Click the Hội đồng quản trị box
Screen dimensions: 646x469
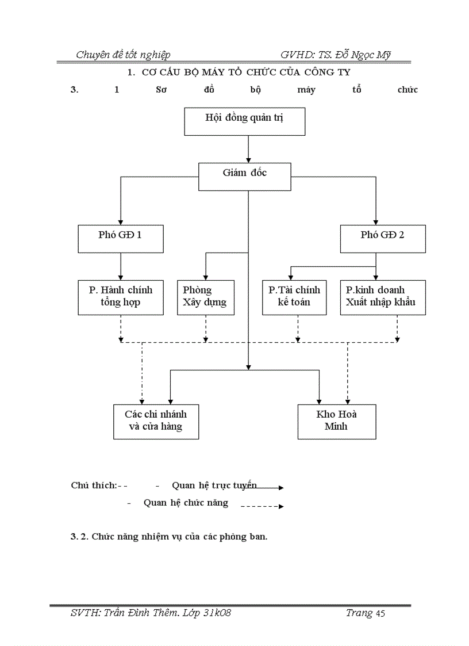click(x=244, y=121)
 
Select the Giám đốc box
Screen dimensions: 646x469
click(x=244, y=176)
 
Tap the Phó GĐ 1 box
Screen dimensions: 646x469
click(x=120, y=238)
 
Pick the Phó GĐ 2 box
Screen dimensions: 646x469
click(x=383, y=238)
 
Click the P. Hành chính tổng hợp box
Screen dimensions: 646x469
click(x=120, y=297)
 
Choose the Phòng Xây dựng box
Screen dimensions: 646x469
click(x=205, y=297)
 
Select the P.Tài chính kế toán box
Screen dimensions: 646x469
click(x=294, y=297)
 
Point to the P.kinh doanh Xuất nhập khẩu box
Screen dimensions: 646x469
click(x=383, y=297)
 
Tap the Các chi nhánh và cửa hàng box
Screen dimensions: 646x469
click(x=156, y=421)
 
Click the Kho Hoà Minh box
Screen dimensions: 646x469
click(x=336, y=421)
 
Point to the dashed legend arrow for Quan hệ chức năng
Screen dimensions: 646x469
click(x=262, y=506)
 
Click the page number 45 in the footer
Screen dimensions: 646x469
click(x=380, y=614)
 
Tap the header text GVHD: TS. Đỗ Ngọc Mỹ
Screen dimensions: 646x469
click(x=336, y=55)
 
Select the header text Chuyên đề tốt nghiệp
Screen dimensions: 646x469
click(x=123, y=55)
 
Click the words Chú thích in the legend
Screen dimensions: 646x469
click(x=93, y=485)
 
